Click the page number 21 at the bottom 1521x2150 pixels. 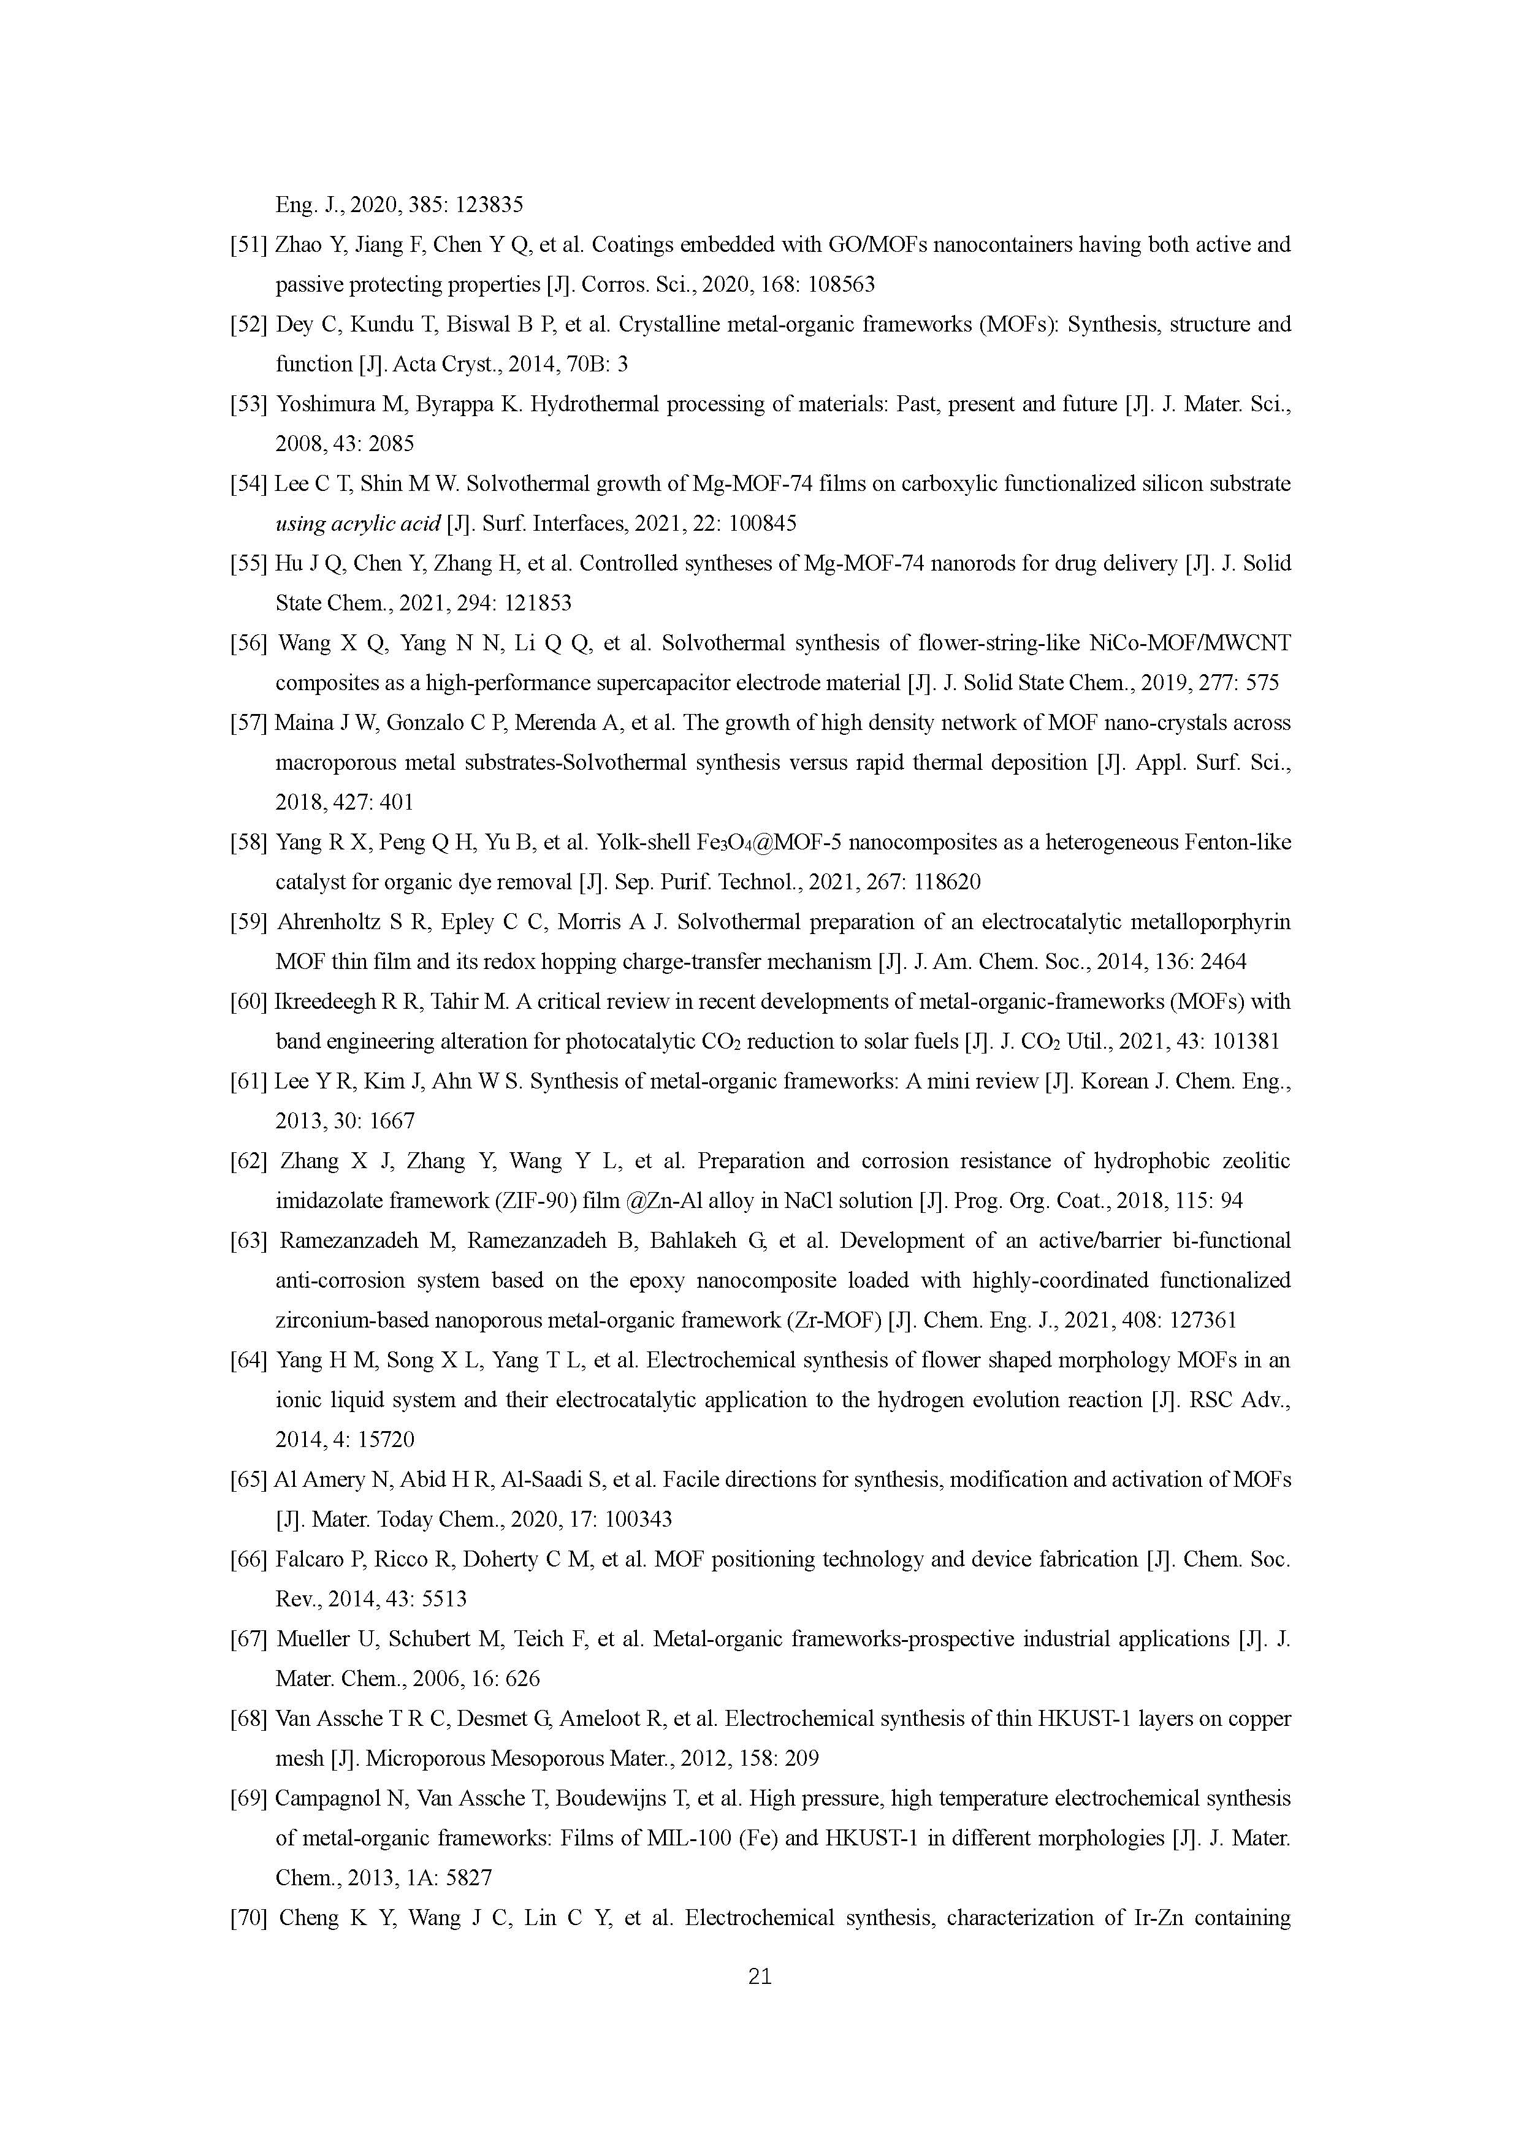[x=760, y=1976]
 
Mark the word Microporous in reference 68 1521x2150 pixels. [x=419, y=1758]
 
